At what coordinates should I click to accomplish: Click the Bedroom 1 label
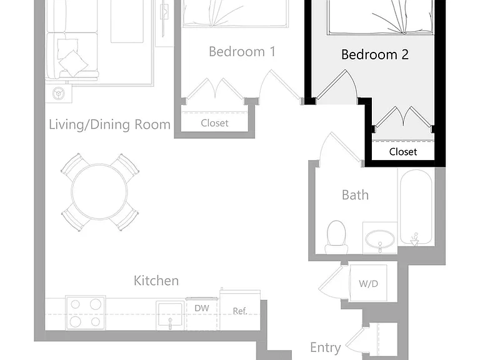(x=242, y=51)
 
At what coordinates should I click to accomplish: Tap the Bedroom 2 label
(x=375, y=54)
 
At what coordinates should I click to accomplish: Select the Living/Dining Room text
(x=109, y=124)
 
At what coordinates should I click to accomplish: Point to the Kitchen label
(x=156, y=281)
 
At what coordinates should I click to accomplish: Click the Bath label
(x=355, y=195)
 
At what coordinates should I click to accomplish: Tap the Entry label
(x=326, y=347)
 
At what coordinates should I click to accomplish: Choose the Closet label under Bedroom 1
(x=214, y=123)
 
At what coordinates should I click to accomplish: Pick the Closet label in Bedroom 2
(x=403, y=151)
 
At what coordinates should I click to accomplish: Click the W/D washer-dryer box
(x=368, y=283)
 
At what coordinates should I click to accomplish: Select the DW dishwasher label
(x=202, y=308)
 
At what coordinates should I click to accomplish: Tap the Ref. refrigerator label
(x=240, y=311)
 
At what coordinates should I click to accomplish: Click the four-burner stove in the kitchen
(x=86, y=313)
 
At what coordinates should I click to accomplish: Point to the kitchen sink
(x=170, y=316)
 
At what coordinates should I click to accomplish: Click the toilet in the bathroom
(x=336, y=237)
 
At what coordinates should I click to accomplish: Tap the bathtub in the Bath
(x=416, y=207)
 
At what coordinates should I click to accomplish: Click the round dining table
(x=99, y=192)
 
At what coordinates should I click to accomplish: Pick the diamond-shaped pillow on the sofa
(x=74, y=63)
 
